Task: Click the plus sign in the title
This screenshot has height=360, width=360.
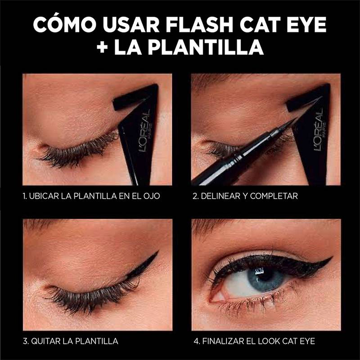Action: click(x=103, y=48)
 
